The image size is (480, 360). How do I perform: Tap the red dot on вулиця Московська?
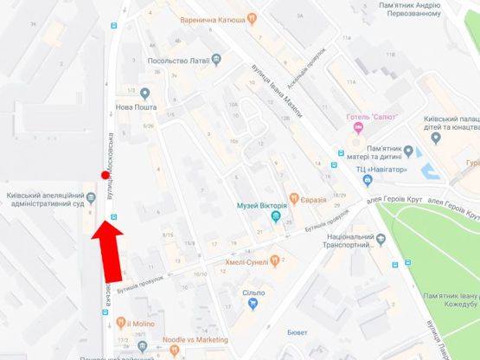tap(105, 176)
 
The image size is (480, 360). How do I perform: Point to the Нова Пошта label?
tap(134, 109)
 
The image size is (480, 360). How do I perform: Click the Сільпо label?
tap(253, 293)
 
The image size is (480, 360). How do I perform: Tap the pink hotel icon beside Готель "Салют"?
tap(357, 128)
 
